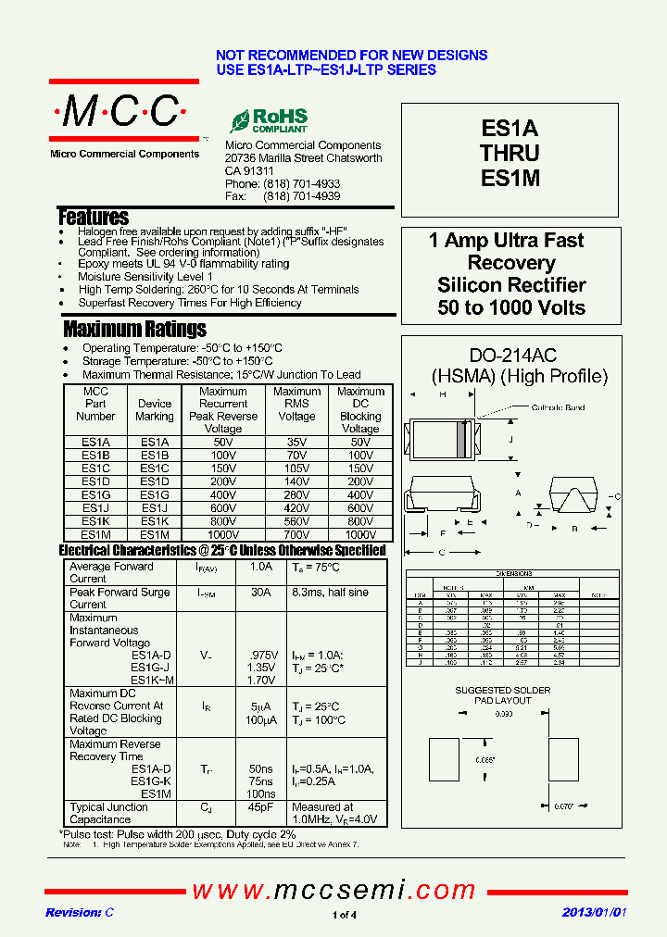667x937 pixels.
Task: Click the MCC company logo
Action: click(x=123, y=113)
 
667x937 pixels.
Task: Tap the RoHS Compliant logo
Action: click(x=269, y=120)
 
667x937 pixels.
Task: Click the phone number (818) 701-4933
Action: click(x=301, y=184)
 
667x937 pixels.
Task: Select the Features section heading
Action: click(x=93, y=218)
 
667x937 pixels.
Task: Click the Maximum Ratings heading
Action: click(x=134, y=329)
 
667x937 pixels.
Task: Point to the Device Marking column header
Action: click(x=155, y=410)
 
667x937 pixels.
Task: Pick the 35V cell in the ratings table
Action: click(x=297, y=443)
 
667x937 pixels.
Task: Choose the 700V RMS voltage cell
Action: click(x=297, y=534)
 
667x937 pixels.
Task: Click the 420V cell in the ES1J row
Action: click(x=297, y=508)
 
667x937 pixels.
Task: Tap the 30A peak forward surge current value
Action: click(x=261, y=593)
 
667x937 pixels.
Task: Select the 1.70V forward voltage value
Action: click(x=261, y=681)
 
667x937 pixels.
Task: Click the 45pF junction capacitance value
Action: click(x=261, y=807)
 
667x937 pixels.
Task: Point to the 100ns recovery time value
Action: click(x=261, y=794)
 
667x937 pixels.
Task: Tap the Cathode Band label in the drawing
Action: click(x=558, y=408)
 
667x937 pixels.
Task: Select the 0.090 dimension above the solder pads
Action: click(x=503, y=714)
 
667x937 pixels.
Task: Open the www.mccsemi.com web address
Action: click(x=333, y=891)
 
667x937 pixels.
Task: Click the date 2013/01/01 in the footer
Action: click(x=594, y=913)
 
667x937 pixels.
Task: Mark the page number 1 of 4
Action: click(x=344, y=916)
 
